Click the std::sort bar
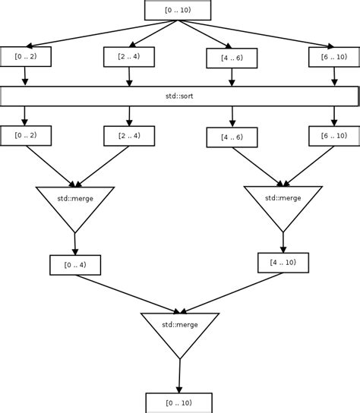[180, 96]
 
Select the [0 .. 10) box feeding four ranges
[178, 10]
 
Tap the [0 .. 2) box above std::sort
[26, 56]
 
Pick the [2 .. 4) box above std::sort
[129, 56]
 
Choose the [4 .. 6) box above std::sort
[232, 58]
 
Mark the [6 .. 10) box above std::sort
[334, 56]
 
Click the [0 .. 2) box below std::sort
[26, 135]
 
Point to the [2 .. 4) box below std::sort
[129, 135]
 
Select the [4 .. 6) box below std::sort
[232, 137]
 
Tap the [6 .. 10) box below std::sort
[334, 135]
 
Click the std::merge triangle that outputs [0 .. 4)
[75, 203]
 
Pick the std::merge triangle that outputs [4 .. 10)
[283, 202]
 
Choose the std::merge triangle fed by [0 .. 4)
[180, 329]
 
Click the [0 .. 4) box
[75, 265]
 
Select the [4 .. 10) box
[283, 263]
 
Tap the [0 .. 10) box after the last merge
[178, 402]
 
